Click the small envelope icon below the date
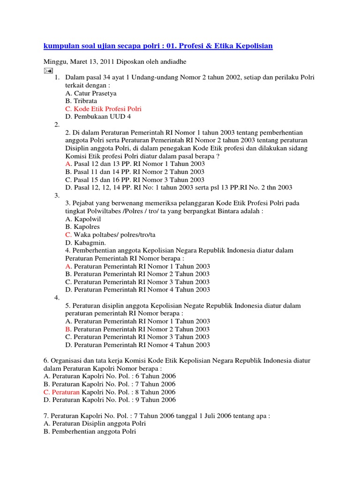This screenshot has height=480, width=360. (48, 70)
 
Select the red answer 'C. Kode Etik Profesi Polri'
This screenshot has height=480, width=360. (103, 109)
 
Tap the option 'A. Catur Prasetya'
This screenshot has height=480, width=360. (90, 93)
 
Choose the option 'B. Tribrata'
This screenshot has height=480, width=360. (81, 101)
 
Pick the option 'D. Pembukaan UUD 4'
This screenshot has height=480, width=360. (98, 116)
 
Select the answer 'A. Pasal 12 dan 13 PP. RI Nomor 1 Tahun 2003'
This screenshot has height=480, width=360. (135, 164)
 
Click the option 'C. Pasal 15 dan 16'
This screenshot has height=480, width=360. (135, 180)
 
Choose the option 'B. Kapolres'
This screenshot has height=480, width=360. (82, 227)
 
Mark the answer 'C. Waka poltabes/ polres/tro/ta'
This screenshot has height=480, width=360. (110, 234)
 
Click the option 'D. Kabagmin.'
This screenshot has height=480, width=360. (86, 242)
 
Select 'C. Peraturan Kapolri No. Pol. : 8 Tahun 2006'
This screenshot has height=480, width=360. (109, 392)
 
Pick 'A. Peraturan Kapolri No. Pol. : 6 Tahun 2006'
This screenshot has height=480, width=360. (109, 376)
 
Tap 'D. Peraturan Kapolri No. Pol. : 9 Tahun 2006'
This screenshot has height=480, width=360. (109, 400)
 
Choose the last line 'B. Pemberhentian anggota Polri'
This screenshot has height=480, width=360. (90, 431)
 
